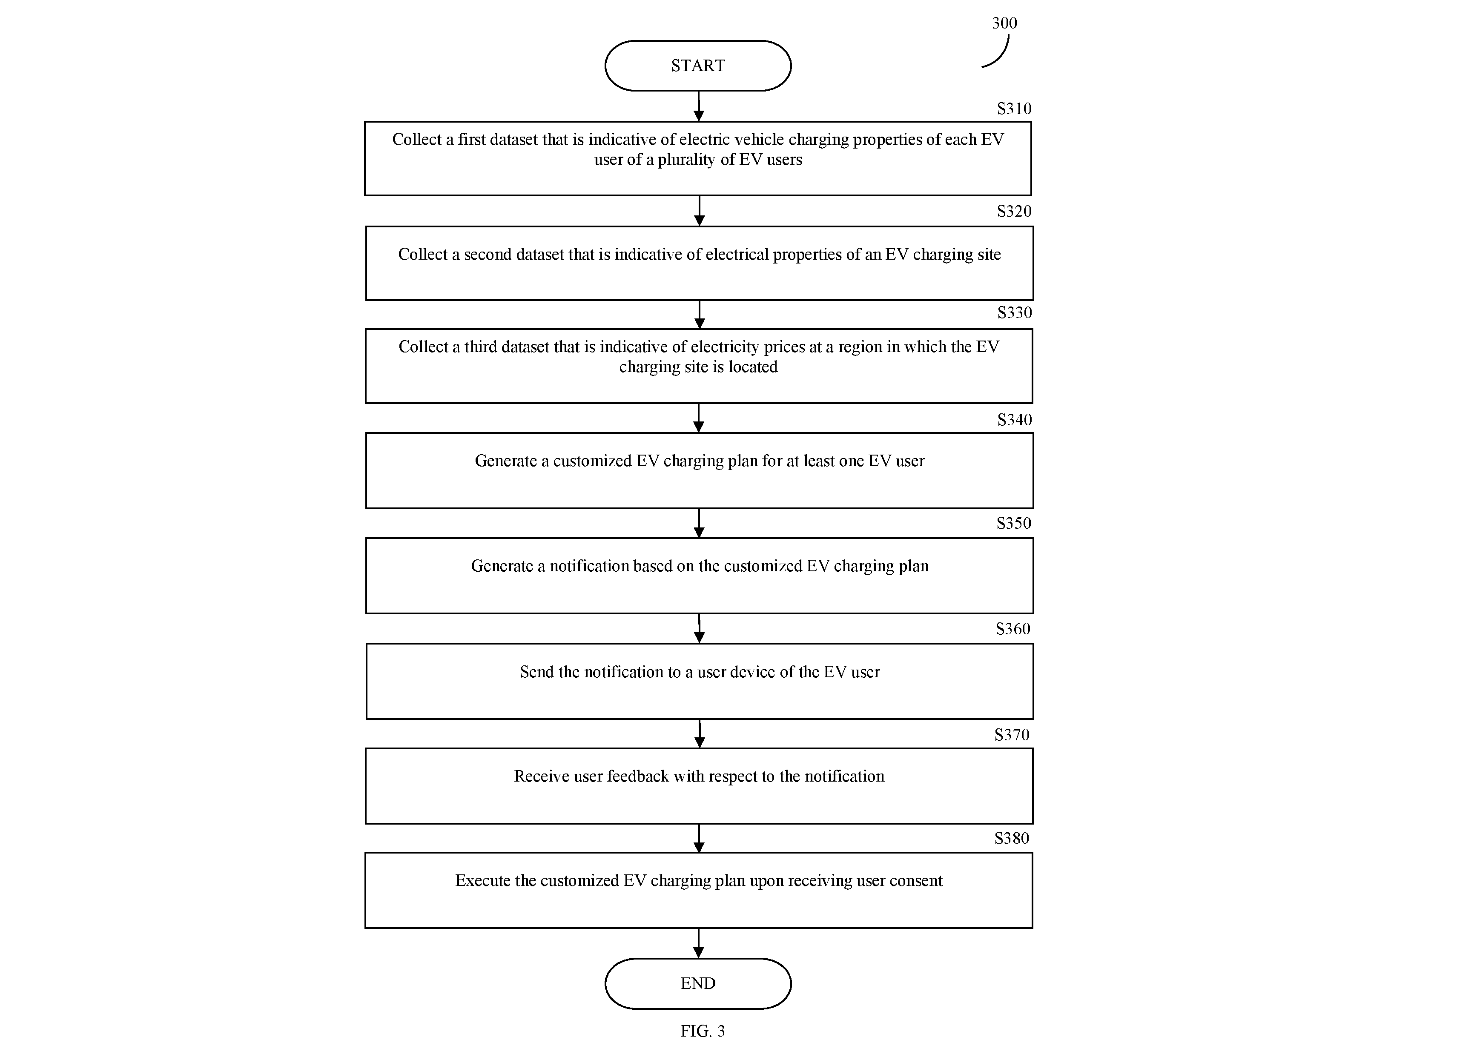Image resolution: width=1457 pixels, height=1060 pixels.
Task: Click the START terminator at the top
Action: (x=698, y=66)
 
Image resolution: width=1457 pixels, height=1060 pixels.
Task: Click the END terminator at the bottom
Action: (x=698, y=983)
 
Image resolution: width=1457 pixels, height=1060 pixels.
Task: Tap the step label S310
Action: (x=1014, y=109)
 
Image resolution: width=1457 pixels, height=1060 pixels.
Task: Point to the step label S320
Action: (x=1014, y=211)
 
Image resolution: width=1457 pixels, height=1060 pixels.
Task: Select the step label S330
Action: (x=1014, y=313)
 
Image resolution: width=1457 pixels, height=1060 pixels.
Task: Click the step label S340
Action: (x=1014, y=420)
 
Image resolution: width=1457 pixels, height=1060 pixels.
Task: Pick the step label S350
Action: (x=1014, y=524)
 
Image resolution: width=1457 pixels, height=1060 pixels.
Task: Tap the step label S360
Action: (x=1013, y=629)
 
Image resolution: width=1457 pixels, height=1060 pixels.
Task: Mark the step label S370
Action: (x=1012, y=735)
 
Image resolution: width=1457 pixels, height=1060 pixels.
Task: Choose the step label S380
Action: (x=1012, y=838)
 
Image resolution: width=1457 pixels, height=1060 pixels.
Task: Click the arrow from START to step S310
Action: (x=699, y=106)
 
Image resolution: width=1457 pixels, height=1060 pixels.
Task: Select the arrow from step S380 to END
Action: (x=698, y=943)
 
